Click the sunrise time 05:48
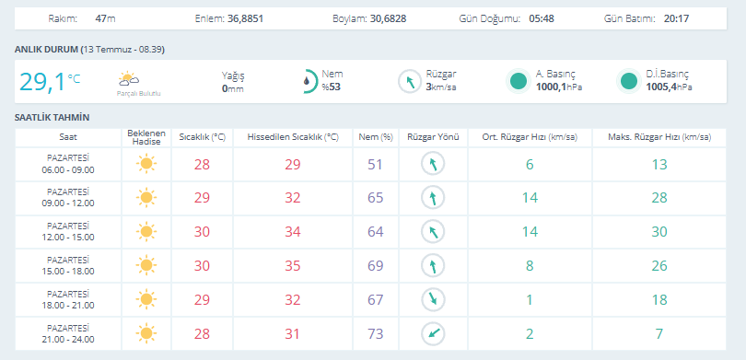point(542,19)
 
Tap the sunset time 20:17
point(676,19)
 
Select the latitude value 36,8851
point(245,19)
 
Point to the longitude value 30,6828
point(389,19)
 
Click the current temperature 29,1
point(41,82)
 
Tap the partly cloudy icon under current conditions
point(129,78)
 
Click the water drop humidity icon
point(308,80)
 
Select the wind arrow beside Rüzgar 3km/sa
point(410,81)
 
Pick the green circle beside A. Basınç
point(519,81)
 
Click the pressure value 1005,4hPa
point(669,87)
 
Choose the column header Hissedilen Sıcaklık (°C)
point(293,137)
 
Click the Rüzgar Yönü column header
point(433,137)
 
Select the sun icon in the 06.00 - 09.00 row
point(146,164)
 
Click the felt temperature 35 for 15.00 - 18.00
point(293,266)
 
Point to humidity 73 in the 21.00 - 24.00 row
point(376,334)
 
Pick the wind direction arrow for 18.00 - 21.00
point(433,299)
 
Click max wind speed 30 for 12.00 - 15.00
point(659,232)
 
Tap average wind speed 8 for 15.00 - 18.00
point(530,266)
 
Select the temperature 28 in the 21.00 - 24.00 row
point(202,334)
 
